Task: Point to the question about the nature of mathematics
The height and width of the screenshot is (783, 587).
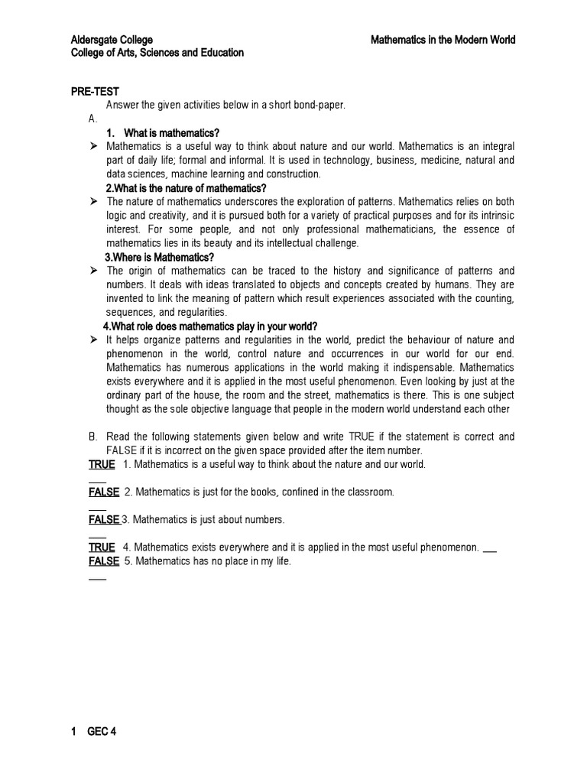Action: tap(186, 188)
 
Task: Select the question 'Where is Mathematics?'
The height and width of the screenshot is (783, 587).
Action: tap(160, 257)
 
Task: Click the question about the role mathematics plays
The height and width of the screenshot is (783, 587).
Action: tap(210, 326)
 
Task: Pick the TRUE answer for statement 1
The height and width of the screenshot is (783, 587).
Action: tap(102, 464)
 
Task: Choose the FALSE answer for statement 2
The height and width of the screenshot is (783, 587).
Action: tap(104, 492)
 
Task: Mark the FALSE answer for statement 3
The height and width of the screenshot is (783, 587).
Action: tap(104, 520)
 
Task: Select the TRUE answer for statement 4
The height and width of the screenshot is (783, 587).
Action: tap(102, 547)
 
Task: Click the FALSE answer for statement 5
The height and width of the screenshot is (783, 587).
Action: tap(104, 561)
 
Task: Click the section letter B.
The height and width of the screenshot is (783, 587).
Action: tap(92, 437)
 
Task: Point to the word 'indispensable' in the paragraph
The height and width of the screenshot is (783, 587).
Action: tap(410, 367)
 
